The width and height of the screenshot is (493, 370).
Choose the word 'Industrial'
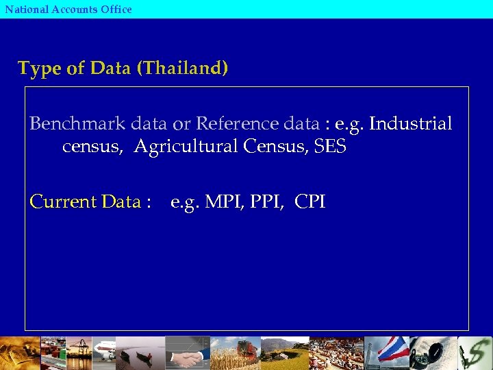(411, 124)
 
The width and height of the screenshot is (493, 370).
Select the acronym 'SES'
(330, 147)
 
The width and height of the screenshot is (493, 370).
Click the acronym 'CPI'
(310, 202)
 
